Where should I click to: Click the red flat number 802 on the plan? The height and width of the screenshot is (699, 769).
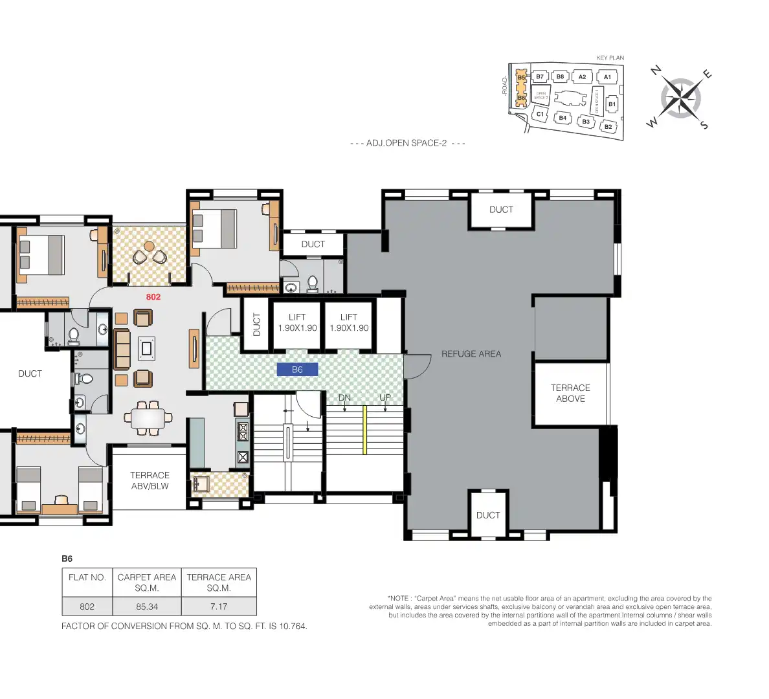tap(153, 297)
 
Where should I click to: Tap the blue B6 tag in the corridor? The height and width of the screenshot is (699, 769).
tap(297, 370)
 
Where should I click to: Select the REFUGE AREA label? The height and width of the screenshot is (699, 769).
tap(471, 354)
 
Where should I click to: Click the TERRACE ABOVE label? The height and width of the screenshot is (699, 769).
tap(570, 394)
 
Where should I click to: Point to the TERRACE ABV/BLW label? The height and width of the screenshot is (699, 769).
tap(150, 480)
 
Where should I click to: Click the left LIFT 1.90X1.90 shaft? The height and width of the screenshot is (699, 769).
tap(297, 322)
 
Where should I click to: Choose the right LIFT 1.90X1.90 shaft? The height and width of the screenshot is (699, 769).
tap(349, 322)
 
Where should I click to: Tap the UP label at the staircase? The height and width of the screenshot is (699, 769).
tap(385, 397)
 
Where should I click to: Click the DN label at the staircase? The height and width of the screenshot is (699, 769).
tap(344, 397)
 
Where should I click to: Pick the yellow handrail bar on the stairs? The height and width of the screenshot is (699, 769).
tap(365, 430)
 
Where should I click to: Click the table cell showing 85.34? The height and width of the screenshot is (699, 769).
tap(147, 606)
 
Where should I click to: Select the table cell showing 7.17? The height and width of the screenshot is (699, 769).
tap(219, 606)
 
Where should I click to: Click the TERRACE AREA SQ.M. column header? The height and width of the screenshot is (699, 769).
tap(219, 582)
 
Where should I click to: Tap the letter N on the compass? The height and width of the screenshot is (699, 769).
tap(656, 71)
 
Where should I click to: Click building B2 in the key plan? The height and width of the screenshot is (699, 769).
tap(608, 127)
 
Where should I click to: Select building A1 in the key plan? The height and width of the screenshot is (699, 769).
tap(607, 77)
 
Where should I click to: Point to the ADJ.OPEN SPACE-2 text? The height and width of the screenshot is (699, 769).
tap(407, 143)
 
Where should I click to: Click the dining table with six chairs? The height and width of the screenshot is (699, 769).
tap(149, 417)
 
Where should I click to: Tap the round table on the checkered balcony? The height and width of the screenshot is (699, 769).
tap(150, 247)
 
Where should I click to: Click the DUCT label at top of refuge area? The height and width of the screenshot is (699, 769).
tap(501, 210)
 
